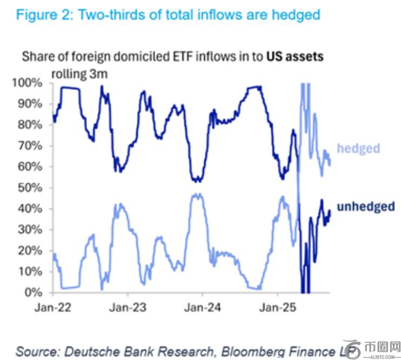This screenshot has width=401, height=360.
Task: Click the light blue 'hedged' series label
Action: click(x=358, y=148)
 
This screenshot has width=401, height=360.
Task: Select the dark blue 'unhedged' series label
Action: click(x=365, y=206)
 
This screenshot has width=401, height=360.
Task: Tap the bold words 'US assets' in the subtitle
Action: click(x=295, y=56)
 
